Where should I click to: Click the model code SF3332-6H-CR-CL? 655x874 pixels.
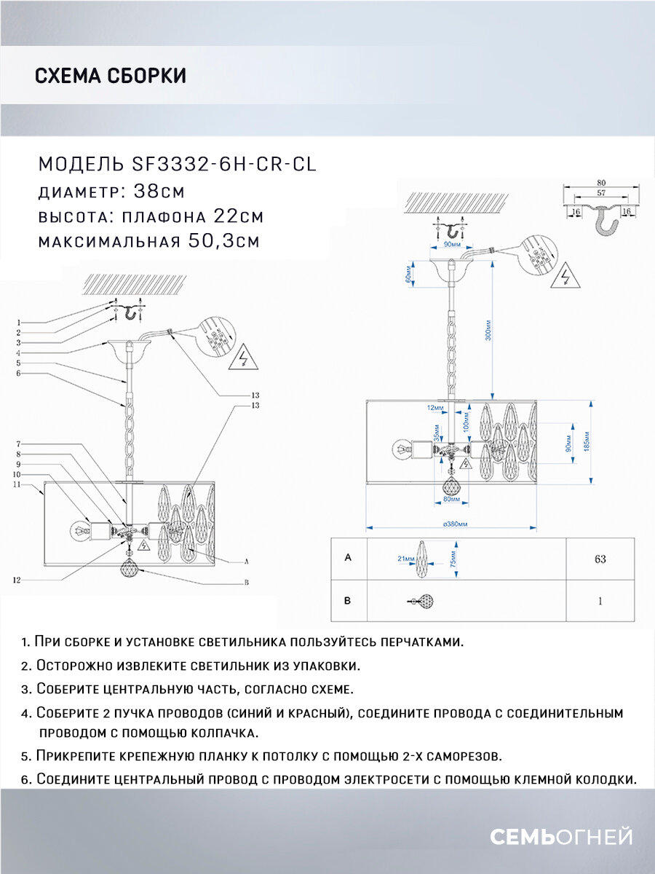pos(225,164)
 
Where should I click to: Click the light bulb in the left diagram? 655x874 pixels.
pos(79,529)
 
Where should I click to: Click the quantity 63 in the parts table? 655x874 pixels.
pos(600,559)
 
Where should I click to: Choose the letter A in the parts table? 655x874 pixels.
pos(348,558)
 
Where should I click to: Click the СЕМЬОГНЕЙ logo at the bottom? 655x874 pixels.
pos(561,837)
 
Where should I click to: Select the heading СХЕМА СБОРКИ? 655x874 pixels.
pos(111,76)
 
